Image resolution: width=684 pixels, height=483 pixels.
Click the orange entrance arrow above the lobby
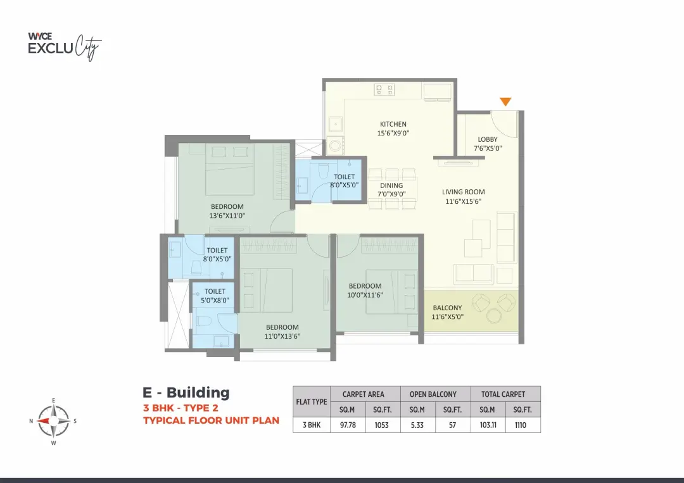(x=505, y=101)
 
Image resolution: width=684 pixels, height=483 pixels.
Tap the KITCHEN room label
(x=393, y=124)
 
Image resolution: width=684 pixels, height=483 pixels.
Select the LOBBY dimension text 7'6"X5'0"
(x=488, y=148)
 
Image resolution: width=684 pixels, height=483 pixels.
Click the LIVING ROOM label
(x=463, y=192)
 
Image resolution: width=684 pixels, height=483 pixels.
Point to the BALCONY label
(x=447, y=308)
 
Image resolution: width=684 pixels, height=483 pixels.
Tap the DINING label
(x=391, y=185)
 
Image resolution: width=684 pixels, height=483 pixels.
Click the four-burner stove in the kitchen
(x=384, y=90)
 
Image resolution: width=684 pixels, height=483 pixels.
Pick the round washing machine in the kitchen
(x=335, y=145)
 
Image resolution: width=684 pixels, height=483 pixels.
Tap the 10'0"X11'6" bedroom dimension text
(x=365, y=295)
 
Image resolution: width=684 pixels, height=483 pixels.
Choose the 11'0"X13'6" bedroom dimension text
(x=282, y=336)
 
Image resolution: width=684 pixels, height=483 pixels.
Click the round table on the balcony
(x=494, y=316)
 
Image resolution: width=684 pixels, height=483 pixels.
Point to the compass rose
(x=53, y=421)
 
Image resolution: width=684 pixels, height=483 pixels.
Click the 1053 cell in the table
(x=382, y=425)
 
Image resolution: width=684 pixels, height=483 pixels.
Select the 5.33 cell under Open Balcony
(x=417, y=425)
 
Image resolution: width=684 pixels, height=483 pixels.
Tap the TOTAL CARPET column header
(x=503, y=394)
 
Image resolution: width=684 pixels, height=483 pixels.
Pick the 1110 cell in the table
(x=521, y=425)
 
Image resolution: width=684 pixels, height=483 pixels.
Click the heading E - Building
(x=186, y=392)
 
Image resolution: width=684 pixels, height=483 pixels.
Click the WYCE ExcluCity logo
(x=65, y=46)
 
